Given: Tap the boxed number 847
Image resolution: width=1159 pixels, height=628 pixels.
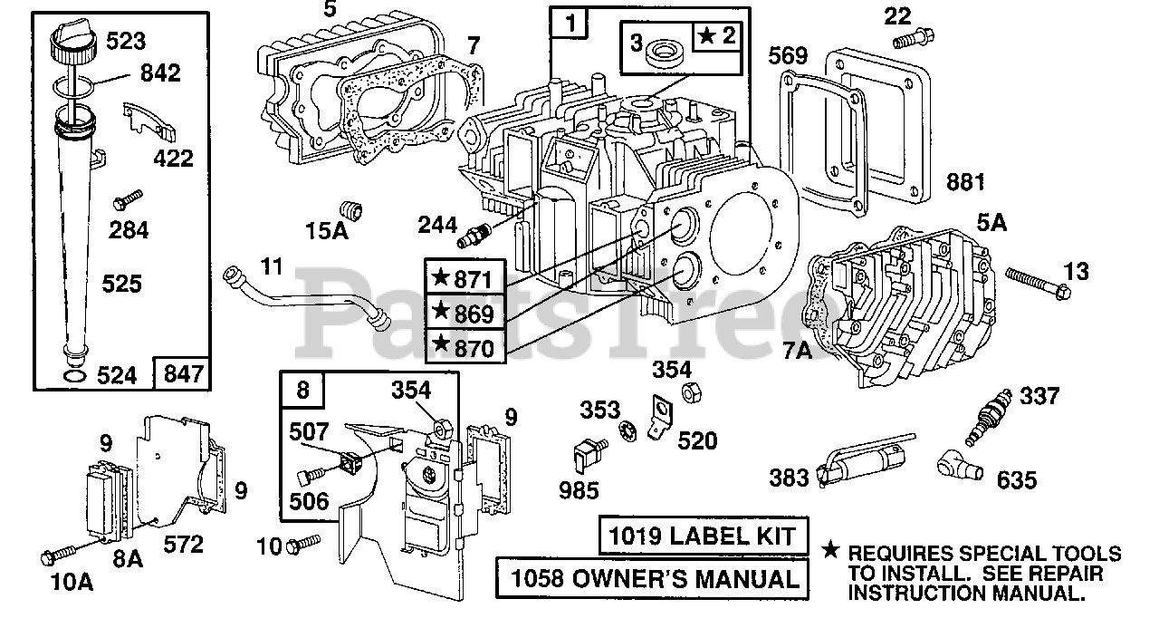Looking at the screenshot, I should pyautogui.click(x=184, y=373).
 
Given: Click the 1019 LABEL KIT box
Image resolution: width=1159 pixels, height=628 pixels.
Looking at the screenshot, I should pyautogui.click(x=704, y=536).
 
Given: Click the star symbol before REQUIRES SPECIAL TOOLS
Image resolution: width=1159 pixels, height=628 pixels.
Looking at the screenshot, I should pyautogui.click(x=830, y=551).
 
